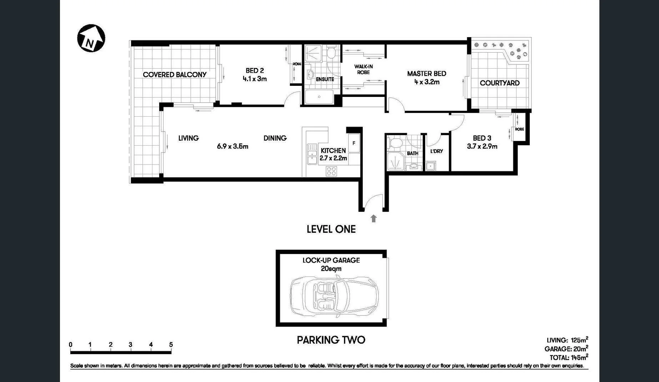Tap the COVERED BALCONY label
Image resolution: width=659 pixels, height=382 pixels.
coord(175,75)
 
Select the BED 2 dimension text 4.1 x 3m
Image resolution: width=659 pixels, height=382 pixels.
coord(255,79)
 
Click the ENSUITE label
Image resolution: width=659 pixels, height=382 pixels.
coord(325,79)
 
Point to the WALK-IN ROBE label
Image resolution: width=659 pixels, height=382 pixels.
coord(363,69)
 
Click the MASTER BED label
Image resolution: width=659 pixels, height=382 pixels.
coord(427,74)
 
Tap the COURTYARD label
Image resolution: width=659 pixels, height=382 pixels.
coord(499,83)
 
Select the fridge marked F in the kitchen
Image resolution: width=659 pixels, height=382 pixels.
coord(354,143)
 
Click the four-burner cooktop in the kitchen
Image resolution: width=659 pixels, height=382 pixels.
coord(331,171)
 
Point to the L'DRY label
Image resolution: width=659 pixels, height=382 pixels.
coord(436,151)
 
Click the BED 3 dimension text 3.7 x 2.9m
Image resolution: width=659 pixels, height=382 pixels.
coord(482,146)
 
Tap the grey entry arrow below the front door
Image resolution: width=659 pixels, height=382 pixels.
coord(373,219)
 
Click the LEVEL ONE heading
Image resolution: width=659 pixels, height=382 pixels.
coord(331,229)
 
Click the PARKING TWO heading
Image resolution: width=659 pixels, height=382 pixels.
coord(331,340)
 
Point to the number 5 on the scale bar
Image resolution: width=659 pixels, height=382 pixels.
coord(171,345)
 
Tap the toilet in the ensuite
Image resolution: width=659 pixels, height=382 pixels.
coord(332,54)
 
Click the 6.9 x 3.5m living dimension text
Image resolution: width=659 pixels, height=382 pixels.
coord(232,146)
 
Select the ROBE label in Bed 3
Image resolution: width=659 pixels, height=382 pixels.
coord(519,129)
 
